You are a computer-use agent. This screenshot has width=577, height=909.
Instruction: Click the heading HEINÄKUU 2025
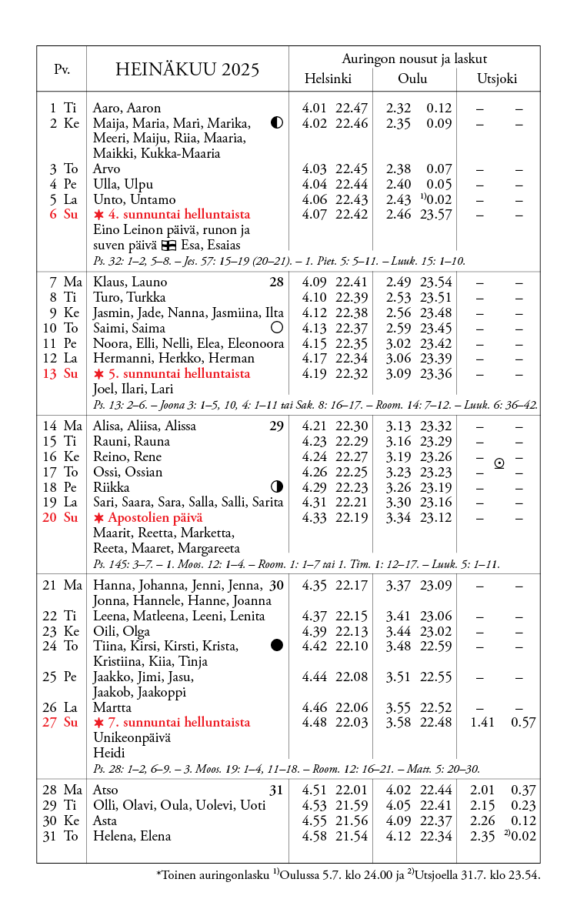pos(187,69)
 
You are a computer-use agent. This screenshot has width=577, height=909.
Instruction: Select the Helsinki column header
pos(328,79)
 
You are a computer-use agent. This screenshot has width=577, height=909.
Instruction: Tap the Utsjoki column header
pos(497,79)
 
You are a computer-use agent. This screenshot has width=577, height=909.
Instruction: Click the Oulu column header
pos(412,79)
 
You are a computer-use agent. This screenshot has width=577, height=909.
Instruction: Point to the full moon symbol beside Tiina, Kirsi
pos(277,645)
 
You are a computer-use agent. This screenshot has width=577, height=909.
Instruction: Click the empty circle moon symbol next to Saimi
pos(277,328)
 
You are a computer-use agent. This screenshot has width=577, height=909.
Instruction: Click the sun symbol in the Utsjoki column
pos(499,463)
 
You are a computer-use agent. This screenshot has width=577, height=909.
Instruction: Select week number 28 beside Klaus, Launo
pos(276,282)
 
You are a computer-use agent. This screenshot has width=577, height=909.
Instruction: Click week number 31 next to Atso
pos(276,790)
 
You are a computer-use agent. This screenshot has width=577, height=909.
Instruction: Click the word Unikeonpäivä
pos(132,737)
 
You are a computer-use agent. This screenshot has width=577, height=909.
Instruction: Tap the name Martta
pos(112,707)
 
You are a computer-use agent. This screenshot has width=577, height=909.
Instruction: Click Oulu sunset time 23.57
pos(436,215)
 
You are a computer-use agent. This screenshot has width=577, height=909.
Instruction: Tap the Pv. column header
pos(62,69)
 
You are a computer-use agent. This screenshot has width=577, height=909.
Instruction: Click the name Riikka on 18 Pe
pos(112,487)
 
